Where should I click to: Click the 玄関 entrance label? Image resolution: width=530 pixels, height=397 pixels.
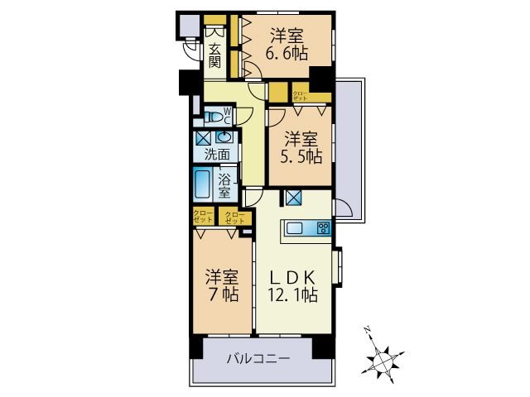[x=214, y=55]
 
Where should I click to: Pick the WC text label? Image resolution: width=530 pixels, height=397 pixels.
[x=228, y=114]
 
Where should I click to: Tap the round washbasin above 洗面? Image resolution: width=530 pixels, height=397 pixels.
[x=224, y=138]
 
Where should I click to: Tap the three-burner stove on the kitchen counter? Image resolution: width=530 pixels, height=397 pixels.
[x=322, y=229]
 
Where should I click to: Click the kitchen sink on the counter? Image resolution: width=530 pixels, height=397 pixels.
[x=297, y=229]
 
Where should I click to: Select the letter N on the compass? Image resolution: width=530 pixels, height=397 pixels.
[x=368, y=330]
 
